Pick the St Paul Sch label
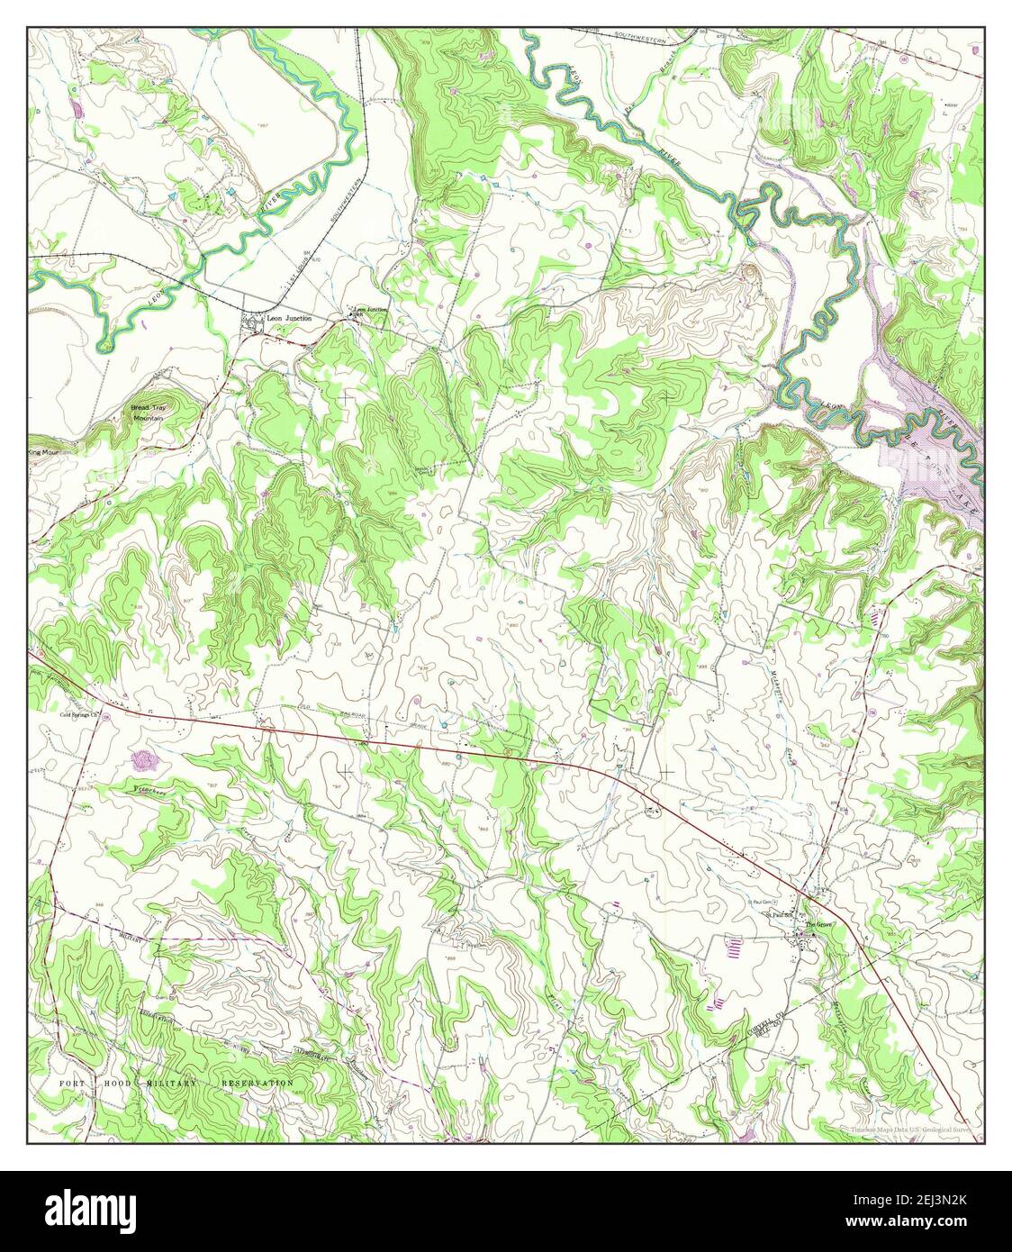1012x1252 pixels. click(777, 915)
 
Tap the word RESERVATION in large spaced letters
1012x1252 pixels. click(257, 1084)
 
